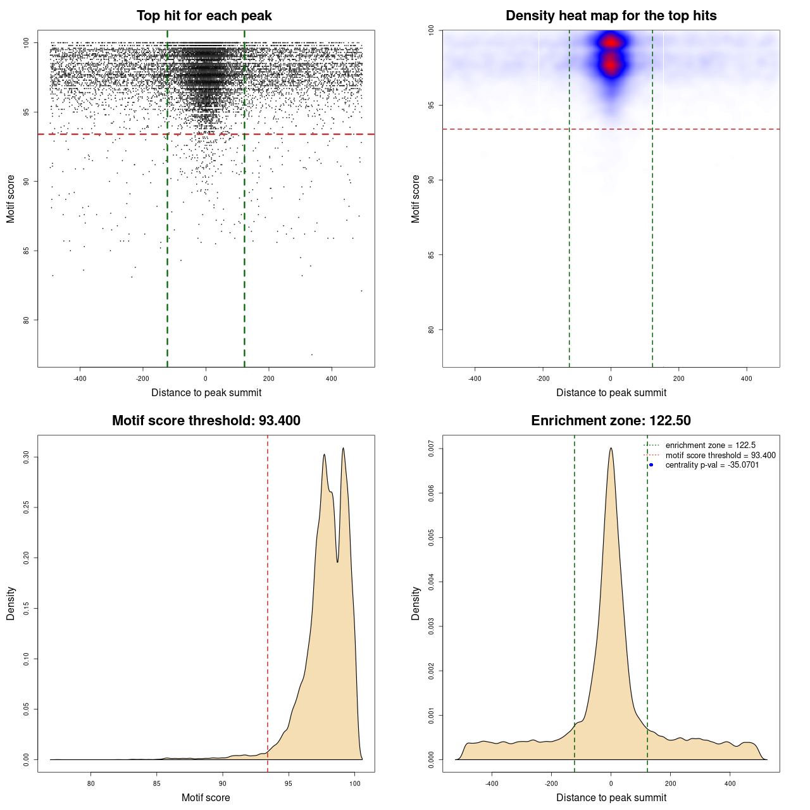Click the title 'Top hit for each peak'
click(204, 16)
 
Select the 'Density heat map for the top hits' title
click(611, 16)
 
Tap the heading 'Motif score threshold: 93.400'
click(206, 421)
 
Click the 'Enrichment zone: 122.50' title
click(611, 421)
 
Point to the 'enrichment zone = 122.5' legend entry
click(710, 445)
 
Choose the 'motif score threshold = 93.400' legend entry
click(720, 456)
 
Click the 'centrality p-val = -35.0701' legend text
click(712, 465)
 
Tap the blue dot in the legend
click(651, 465)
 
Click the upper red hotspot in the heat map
click(611, 42)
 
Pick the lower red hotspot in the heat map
click(611, 64)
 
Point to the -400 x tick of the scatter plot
click(80, 378)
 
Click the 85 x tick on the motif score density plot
click(157, 783)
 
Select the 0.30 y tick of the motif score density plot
click(27, 457)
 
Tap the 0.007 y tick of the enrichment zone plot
click(432, 449)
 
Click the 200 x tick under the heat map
click(679, 378)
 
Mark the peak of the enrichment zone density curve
click(611, 448)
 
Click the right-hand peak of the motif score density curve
click(343, 448)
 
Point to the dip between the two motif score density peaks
click(337, 561)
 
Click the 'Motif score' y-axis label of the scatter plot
click(11, 199)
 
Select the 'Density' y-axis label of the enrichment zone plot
click(416, 603)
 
